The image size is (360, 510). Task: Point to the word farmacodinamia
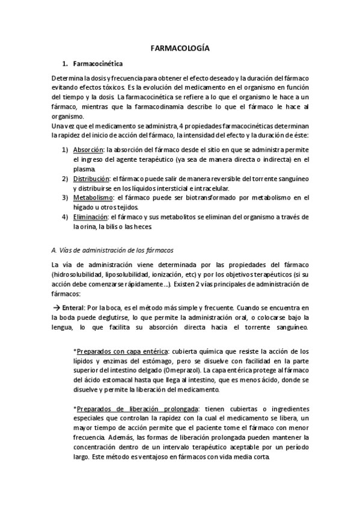click(199, 107)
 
